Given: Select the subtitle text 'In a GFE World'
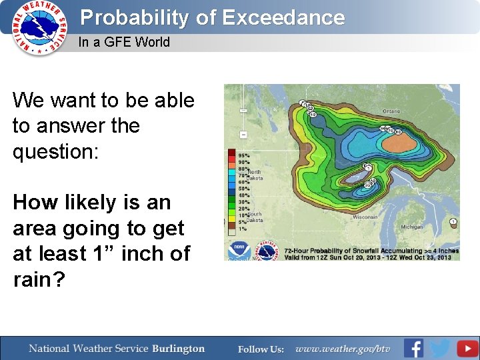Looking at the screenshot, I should point(124,42).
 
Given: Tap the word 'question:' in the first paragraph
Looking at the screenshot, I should point(55,151).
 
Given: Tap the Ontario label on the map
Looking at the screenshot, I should point(391,111).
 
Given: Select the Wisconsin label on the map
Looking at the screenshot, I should point(365,217).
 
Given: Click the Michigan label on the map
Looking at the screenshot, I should point(411,227).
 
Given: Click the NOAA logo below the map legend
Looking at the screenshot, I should point(238,250).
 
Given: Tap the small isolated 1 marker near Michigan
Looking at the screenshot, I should point(453,222).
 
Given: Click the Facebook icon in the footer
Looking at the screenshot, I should point(414,348).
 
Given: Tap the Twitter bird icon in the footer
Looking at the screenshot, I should point(440,348).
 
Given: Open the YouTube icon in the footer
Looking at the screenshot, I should point(467,348).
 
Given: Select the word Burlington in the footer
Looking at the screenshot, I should point(178,349).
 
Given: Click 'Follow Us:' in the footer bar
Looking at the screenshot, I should point(261,349).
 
